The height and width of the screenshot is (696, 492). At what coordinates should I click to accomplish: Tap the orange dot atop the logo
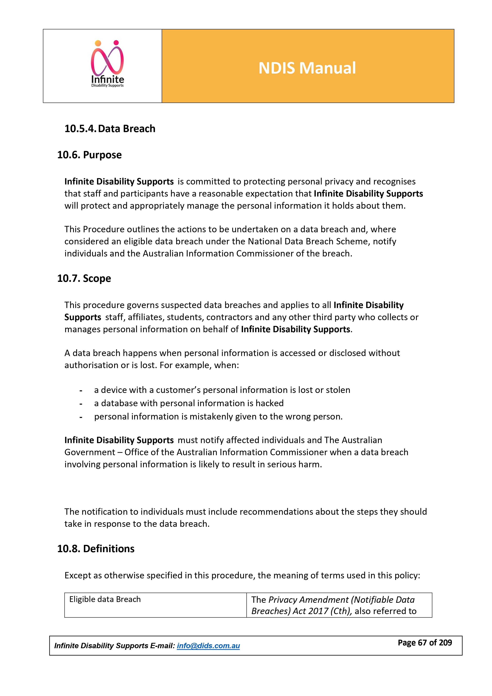[x=98, y=43]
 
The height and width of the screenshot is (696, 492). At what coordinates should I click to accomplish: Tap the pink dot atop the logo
[x=116, y=43]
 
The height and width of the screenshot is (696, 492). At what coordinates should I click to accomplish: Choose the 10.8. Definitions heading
[x=96, y=549]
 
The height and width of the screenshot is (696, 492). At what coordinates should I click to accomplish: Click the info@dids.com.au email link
[x=208, y=646]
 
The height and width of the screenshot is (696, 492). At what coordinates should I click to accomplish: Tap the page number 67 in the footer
[x=422, y=643]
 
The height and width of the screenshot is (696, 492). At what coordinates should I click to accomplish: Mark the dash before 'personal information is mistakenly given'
[x=81, y=417]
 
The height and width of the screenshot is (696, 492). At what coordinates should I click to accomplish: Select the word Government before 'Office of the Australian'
[x=90, y=452]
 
